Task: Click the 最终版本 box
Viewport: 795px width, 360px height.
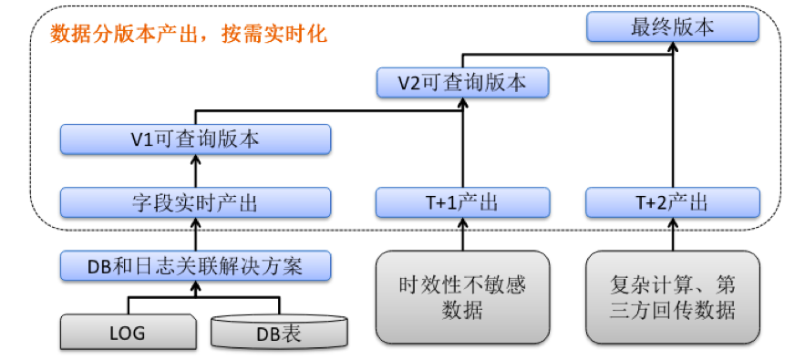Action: (x=672, y=27)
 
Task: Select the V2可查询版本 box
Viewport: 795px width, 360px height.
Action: (x=463, y=83)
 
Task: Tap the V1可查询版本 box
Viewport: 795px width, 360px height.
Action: (x=195, y=140)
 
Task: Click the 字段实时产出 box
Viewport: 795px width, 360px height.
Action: (x=195, y=202)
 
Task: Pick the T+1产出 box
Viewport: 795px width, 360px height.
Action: (x=463, y=202)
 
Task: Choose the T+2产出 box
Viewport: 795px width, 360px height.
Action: (x=672, y=202)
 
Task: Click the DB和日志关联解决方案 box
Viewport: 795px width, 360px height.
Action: (x=195, y=266)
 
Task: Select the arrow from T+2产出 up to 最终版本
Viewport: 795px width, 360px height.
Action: (x=672, y=118)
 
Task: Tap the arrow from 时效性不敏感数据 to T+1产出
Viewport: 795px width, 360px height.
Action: (x=463, y=234)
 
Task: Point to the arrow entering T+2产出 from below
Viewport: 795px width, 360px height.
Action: (x=672, y=234)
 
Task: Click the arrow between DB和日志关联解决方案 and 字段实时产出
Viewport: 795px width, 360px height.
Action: (x=195, y=234)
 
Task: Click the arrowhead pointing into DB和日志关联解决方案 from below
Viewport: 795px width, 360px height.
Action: (x=195, y=287)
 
